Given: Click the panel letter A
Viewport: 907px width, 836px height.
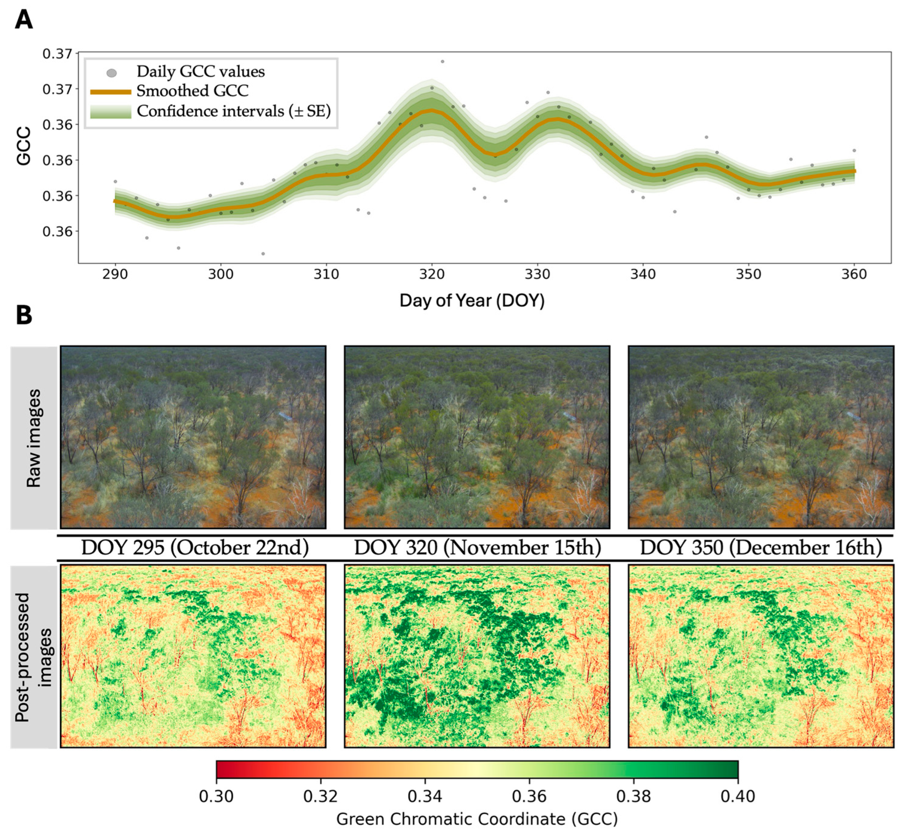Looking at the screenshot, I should click(24, 20).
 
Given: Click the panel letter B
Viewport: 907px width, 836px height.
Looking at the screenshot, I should click(24, 315).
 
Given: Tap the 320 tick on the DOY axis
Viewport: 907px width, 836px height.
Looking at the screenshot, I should click(432, 274).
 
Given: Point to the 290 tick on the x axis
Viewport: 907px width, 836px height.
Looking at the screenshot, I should click(115, 274).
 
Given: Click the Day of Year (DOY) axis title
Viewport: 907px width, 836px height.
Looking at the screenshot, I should click(472, 301).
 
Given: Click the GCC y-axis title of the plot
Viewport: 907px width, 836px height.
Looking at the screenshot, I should click(24, 146).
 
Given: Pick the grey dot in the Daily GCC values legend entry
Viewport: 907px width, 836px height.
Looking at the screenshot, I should click(111, 73).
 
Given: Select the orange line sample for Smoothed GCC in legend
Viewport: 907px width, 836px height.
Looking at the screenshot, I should click(111, 92).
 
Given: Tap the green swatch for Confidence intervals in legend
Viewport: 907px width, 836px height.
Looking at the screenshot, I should click(111, 111).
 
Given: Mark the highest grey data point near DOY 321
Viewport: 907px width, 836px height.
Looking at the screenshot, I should click(442, 62).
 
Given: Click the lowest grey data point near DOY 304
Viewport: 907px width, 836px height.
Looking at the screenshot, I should click(263, 254).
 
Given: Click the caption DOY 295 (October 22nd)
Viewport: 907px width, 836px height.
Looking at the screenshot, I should click(195, 548).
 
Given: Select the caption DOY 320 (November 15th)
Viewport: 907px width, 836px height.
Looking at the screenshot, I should click(477, 548).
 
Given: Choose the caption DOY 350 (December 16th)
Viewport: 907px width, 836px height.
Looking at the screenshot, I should click(761, 548).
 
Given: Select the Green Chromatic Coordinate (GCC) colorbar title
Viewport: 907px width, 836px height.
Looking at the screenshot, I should click(477, 819).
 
